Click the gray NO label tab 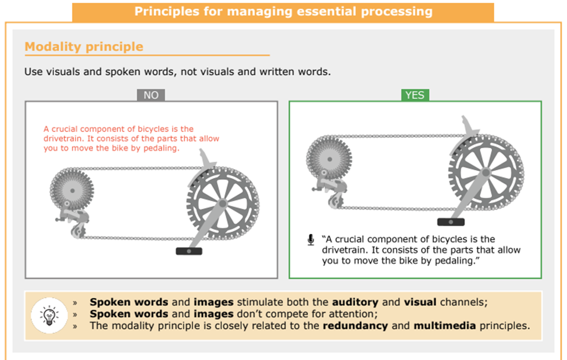coord(151,95)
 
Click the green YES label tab coord(415,95)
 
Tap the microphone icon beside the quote coord(311,240)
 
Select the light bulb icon coord(49,315)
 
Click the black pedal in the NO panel coord(189,251)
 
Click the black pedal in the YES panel coord(451,222)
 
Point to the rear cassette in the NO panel coord(72,190)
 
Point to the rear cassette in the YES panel coord(329,159)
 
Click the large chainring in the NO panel coord(223,203)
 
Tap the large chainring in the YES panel coord(486,172)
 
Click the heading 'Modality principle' coord(84,47)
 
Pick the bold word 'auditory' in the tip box coord(355,302)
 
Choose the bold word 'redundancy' coord(355,326)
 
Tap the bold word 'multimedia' coord(444,326)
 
